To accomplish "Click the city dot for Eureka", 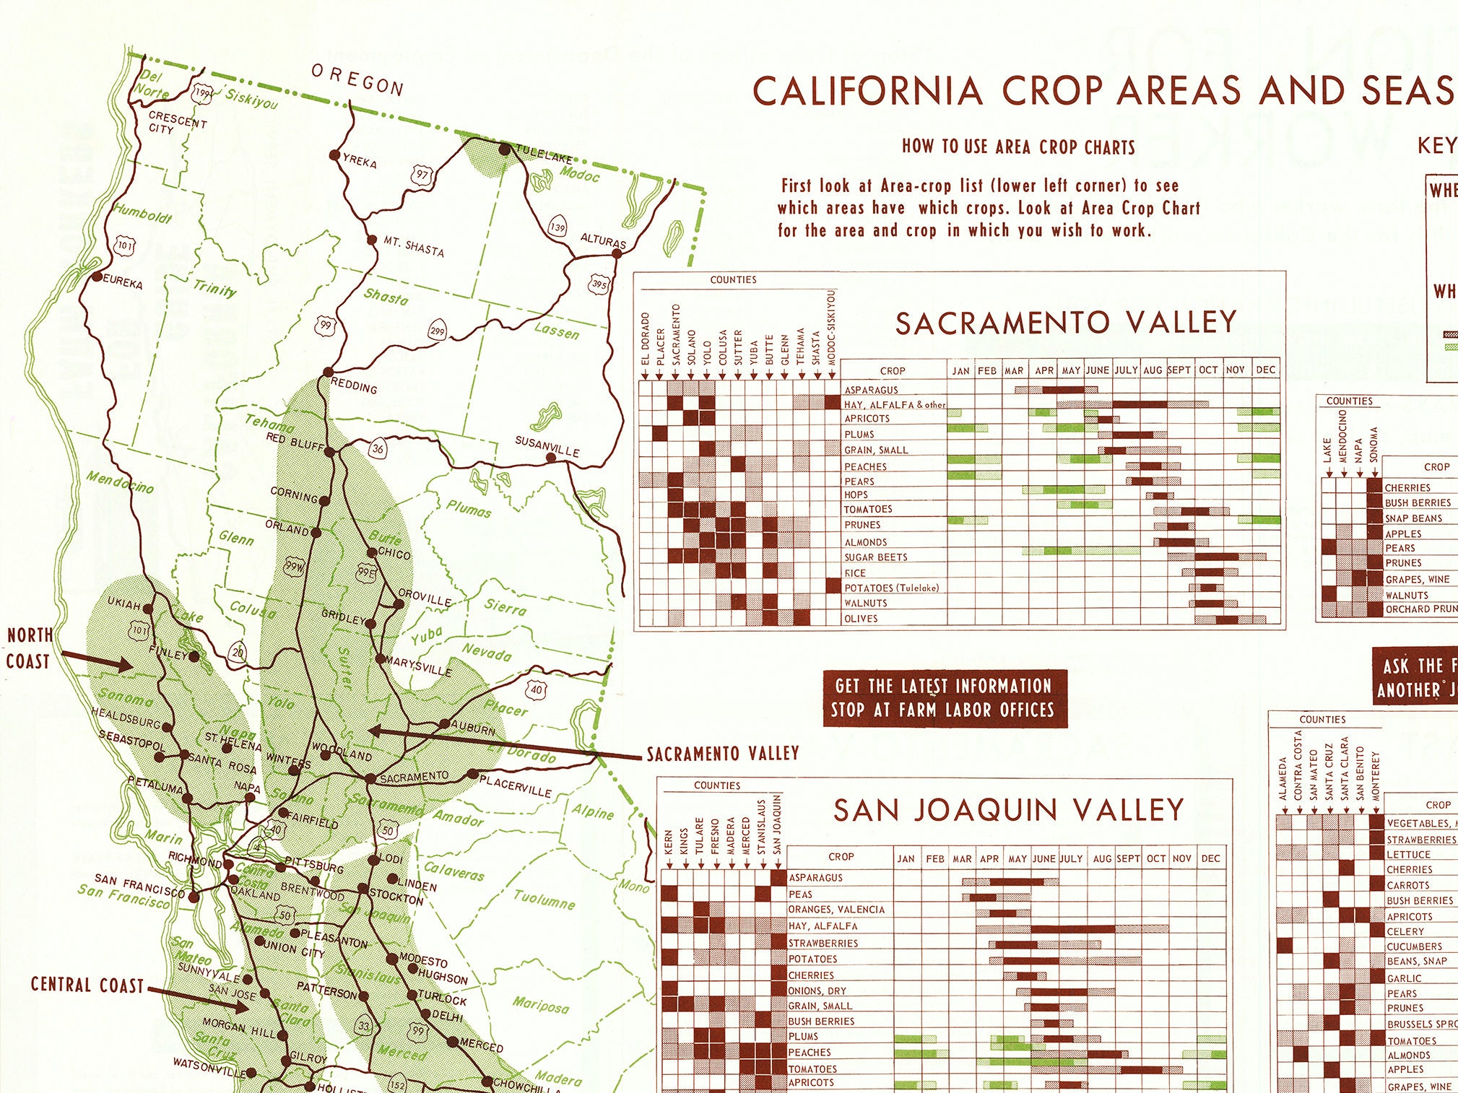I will click(97, 276).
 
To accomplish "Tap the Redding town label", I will click(354, 386).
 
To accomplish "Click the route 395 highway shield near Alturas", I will click(599, 284).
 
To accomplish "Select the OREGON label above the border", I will click(357, 80).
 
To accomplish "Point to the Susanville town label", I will click(547, 445).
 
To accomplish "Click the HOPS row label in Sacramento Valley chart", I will click(856, 495).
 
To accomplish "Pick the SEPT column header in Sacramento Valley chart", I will click(1179, 370).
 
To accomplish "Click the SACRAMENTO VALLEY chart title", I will click(1066, 323).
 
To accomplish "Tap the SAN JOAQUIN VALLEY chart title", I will click(1008, 810).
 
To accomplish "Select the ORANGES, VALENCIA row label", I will click(836, 910).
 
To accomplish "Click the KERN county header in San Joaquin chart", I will click(669, 842).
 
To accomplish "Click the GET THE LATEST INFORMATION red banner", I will click(945, 698).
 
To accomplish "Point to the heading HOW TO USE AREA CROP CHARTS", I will click(1018, 147).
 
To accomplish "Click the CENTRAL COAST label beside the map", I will click(87, 985).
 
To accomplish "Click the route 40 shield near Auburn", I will click(537, 689).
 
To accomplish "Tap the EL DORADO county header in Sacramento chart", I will click(646, 339).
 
